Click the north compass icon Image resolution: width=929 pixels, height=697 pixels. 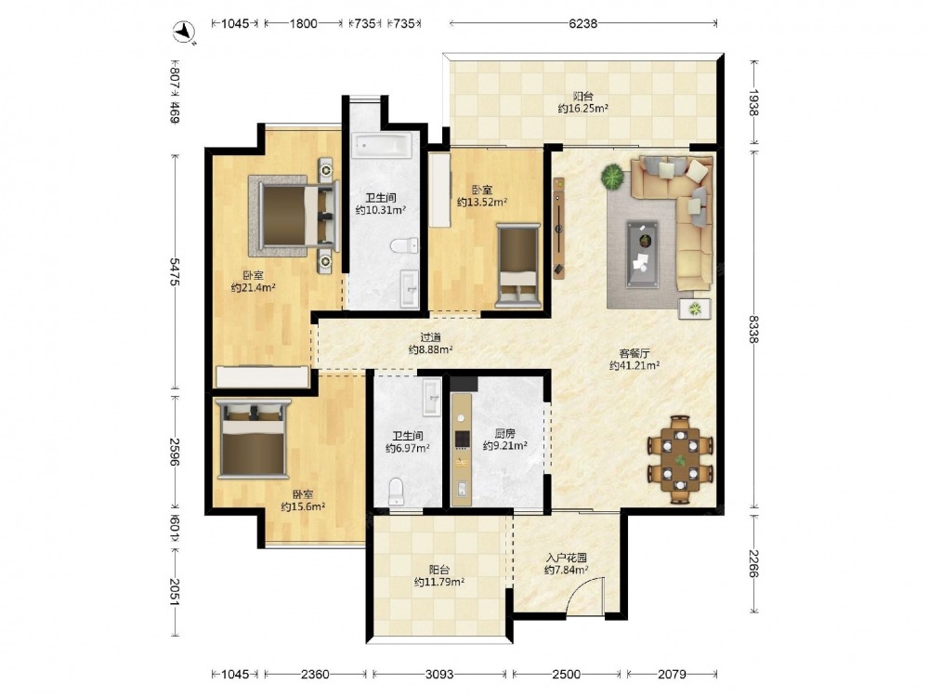pos(185,32)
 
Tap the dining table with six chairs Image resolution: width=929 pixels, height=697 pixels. pos(680,459)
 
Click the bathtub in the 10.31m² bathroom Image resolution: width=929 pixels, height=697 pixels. pos(382,145)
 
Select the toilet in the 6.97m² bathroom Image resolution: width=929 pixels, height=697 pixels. pos(396,492)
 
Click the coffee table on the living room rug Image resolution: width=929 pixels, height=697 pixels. pos(642,245)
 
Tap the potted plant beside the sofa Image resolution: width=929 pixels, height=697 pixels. pos(612,178)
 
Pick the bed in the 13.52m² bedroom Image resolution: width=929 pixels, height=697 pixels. pos(518,265)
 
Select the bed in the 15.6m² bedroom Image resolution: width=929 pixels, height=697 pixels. pos(253,439)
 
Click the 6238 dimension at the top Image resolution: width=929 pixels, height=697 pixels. pos(583,24)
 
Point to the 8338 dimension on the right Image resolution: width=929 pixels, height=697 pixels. pos(753,329)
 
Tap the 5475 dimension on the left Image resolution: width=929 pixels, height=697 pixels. pos(175,272)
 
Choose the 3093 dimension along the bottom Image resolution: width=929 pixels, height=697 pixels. pos(439,674)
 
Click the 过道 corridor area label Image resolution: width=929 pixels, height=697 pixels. pos(431,338)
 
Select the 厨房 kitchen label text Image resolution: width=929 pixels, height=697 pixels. pos(504,433)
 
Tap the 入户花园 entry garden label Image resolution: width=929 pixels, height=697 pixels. pos(567,558)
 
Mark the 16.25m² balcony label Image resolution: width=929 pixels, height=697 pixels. pos(583,102)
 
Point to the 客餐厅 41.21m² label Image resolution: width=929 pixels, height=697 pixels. pos(635,359)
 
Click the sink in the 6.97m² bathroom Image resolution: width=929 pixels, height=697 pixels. pos(431,397)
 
